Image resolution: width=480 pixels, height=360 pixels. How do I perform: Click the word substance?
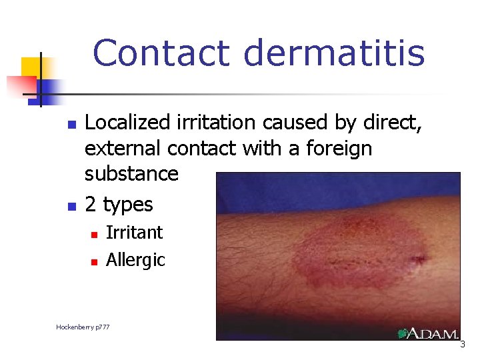[x=131, y=173]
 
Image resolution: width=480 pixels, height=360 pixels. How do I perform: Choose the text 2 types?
[x=119, y=204]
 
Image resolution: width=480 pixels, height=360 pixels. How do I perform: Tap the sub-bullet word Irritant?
[x=134, y=233]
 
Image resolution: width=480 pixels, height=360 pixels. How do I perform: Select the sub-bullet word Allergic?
[x=135, y=259]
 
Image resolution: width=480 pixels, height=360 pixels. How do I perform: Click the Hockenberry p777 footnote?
[x=83, y=327]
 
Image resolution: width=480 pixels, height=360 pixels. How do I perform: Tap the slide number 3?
[x=463, y=345]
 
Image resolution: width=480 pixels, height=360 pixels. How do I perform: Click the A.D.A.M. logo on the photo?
[x=428, y=333]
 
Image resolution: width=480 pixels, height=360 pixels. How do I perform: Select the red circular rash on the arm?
[x=360, y=247]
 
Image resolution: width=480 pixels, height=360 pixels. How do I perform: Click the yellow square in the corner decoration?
[x=31, y=67]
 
